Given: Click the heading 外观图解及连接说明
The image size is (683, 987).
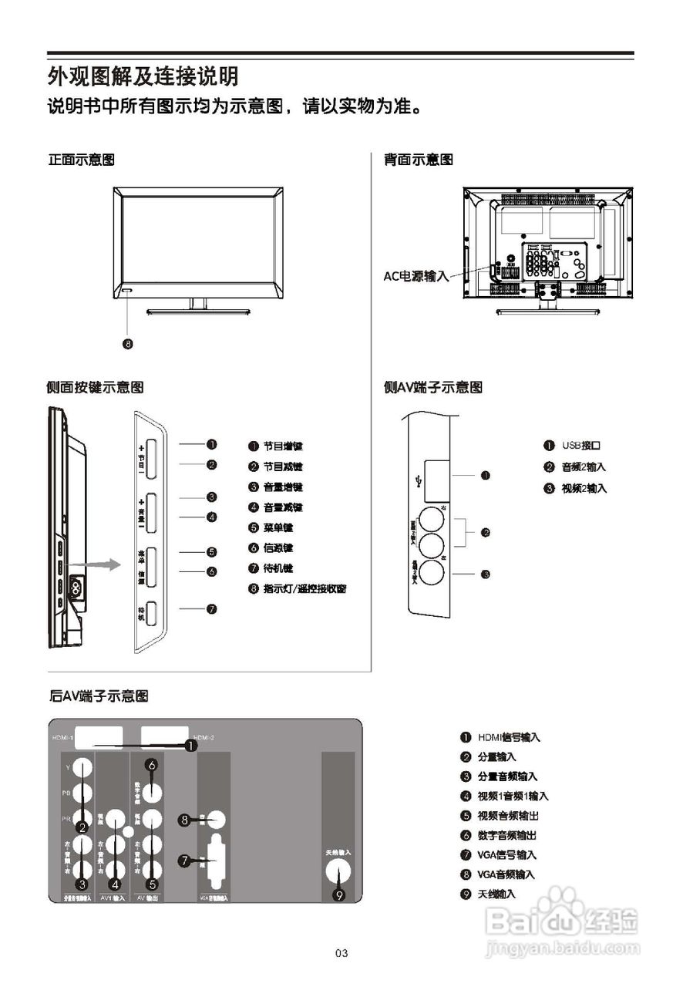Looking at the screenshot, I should pyautogui.click(x=143, y=76).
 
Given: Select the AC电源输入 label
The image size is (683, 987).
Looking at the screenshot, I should pyautogui.click(x=416, y=275).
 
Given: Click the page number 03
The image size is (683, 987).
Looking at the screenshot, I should pyautogui.click(x=342, y=954).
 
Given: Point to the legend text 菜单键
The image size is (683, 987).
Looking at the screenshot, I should pyautogui.click(x=278, y=528).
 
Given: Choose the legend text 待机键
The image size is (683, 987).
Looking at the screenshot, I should pyautogui.click(x=278, y=568).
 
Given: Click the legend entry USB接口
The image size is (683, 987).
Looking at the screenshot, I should pyautogui.click(x=581, y=446).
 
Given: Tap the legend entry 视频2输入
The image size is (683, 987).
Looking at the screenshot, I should pyautogui.click(x=584, y=488).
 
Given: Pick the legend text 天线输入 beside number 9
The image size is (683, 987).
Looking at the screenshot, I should pyautogui.click(x=496, y=894).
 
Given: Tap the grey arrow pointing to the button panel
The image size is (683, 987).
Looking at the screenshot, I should pyautogui.click(x=103, y=565).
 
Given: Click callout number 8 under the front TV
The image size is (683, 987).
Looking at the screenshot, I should pyautogui.click(x=129, y=343).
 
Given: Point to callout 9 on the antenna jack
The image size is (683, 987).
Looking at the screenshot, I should pyautogui.click(x=338, y=895).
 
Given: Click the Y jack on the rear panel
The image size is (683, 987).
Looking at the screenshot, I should pyautogui.click(x=82, y=767).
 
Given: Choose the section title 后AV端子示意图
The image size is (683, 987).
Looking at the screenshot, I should pyautogui.click(x=98, y=696).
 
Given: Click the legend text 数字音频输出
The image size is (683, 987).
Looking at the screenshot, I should pyautogui.click(x=506, y=835).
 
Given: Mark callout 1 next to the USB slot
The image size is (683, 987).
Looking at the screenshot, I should pyautogui.click(x=486, y=475).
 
